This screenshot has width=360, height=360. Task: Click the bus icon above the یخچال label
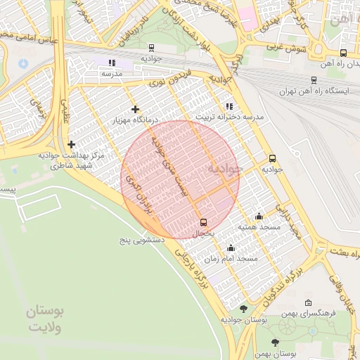click(204, 222)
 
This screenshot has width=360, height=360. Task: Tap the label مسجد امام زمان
click(239, 259)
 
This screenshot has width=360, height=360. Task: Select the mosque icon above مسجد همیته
click(259, 217)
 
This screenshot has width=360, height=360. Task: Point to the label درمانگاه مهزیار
click(135, 120)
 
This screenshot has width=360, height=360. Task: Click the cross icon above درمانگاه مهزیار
click(135, 109)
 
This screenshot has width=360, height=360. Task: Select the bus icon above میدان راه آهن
click(343, 53)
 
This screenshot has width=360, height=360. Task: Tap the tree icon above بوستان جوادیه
click(243, 309)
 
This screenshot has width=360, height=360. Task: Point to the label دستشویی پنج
click(141, 240)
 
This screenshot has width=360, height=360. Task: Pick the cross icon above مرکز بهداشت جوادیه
click(71, 144)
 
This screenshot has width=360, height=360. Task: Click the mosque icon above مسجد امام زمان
click(231, 248)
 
